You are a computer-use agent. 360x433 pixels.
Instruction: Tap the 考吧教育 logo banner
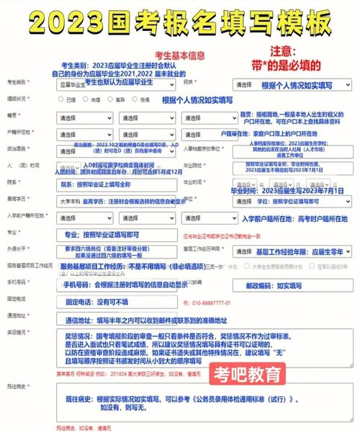coord(246,375)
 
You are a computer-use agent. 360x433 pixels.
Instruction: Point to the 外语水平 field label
coord(17,249)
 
